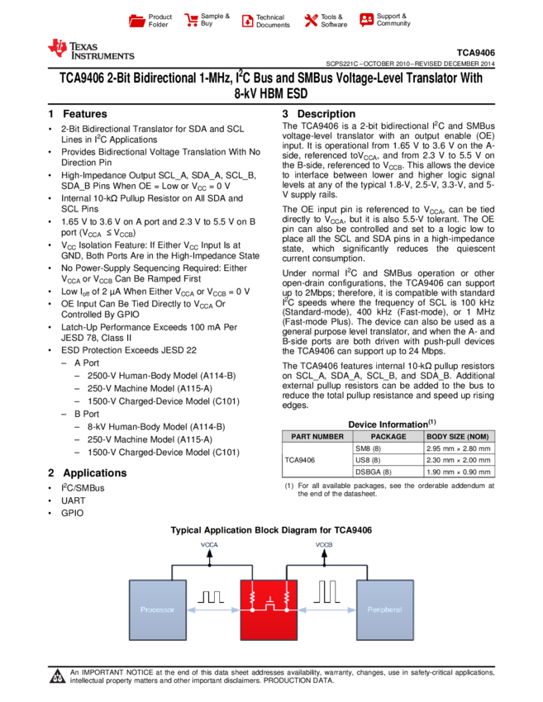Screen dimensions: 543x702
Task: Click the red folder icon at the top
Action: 137,21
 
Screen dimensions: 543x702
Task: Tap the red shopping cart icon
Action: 192,21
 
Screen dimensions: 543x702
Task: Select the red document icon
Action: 247,21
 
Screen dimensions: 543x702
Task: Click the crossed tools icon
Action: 311,21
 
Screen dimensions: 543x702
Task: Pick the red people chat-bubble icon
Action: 367,20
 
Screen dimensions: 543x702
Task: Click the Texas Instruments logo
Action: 90,50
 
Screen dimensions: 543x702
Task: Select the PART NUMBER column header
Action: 317,437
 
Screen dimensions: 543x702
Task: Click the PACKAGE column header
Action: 388,437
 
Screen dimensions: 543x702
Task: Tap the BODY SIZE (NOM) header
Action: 459,437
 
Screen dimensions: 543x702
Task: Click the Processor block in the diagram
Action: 158,610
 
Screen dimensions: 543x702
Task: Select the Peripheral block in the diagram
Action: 384,610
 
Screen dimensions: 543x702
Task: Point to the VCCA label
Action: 209,545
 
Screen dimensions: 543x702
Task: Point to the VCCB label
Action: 324,545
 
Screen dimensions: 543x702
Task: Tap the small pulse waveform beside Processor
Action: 211,595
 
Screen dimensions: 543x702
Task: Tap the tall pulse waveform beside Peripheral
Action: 326,591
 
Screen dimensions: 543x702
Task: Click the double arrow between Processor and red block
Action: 213,610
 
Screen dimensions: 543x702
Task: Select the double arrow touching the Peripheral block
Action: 326,610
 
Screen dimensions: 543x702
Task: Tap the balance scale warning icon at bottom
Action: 58,677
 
